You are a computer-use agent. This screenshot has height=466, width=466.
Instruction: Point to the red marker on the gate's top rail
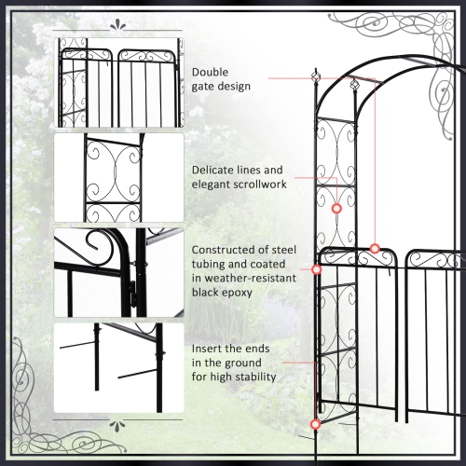tap(375, 248)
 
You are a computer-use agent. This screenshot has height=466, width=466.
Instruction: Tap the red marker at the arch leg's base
tap(315, 424)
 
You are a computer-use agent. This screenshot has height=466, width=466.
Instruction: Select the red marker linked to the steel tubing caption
tap(317, 270)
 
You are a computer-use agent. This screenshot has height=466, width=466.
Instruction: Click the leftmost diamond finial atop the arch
tap(313, 74)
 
